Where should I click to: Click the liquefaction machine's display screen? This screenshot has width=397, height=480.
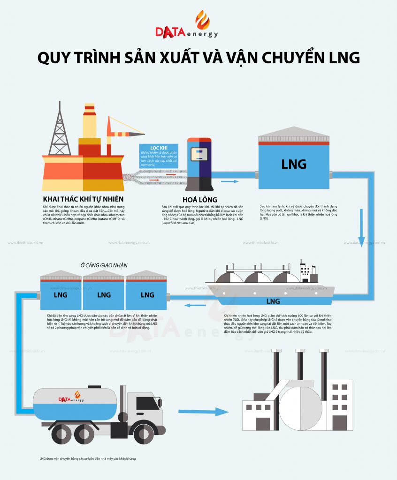pyautogui.click(x=200, y=155)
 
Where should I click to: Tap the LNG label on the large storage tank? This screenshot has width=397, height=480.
pyautogui.click(x=294, y=165)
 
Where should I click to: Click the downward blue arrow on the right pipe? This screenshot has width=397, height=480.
pyautogui.click(x=362, y=230)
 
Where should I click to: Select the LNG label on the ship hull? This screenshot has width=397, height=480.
pyautogui.click(x=273, y=300)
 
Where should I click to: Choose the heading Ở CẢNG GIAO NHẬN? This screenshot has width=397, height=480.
pyautogui.click(x=104, y=265)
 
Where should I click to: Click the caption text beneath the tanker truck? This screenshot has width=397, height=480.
pyautogui.click(x=88, y=458)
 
